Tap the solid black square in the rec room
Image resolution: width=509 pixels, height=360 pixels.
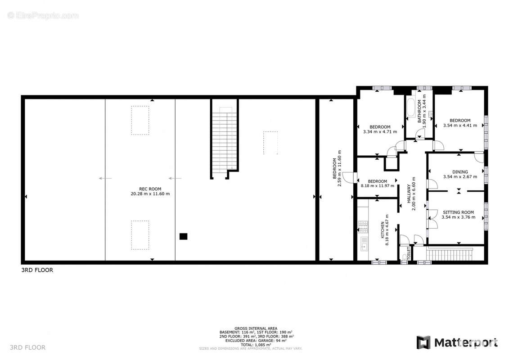(183, 236)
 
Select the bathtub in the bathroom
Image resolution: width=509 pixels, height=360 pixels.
(410, 108)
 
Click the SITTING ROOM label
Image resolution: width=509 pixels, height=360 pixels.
(458, 212)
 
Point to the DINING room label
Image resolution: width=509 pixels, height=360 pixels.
(460, 172)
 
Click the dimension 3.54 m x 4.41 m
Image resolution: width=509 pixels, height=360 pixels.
(460, 126)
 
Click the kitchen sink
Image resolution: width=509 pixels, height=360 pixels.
(364, 245)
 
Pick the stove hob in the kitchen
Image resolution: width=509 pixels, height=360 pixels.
(363, 226)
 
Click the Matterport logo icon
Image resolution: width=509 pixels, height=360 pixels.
(423, 342)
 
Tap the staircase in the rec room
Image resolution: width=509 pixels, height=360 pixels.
(224, 140)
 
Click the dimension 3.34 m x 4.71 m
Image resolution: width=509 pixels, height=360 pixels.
(380, 132)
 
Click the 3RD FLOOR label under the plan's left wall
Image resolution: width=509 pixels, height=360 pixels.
(37, 270)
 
